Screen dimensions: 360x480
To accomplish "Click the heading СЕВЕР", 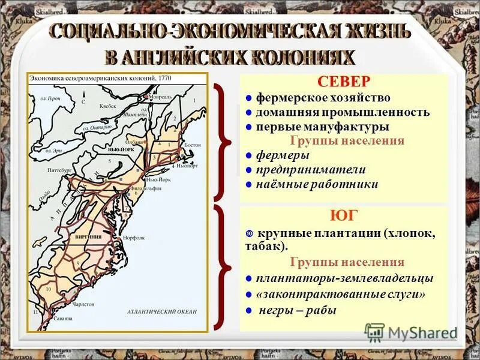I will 344,82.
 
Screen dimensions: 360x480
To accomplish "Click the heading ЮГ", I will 344,216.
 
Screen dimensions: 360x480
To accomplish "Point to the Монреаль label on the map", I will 161,97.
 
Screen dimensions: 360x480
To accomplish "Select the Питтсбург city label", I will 50,171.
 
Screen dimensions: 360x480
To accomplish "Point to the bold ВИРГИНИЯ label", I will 88,237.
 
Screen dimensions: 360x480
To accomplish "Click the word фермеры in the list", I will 283,155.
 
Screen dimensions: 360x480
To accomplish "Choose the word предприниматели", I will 311,170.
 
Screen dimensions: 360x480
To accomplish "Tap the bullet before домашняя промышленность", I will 249,112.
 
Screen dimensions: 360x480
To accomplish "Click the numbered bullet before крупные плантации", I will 249,233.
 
